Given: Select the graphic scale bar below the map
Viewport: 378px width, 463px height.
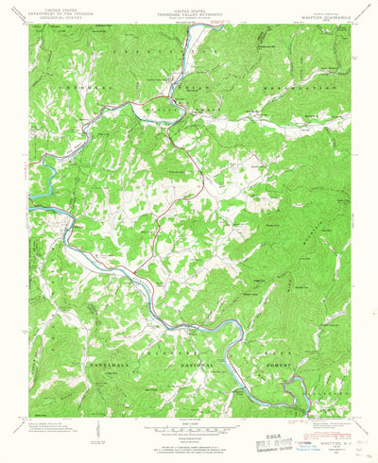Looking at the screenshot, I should coord(189,428).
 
